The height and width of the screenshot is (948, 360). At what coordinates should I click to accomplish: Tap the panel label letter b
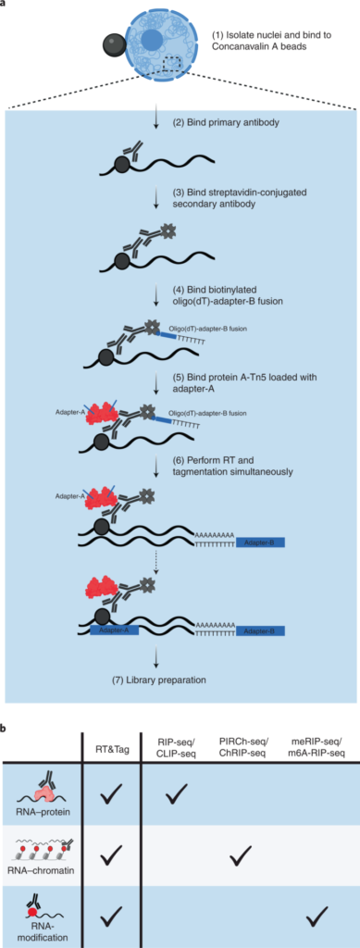[x=5, y=730]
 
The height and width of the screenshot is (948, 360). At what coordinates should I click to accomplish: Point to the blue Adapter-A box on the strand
[x=114, y=630]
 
